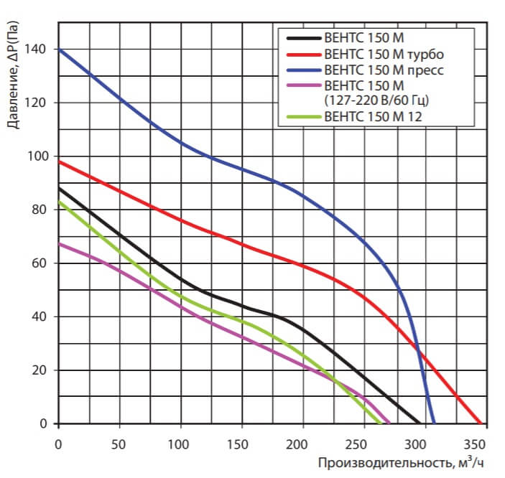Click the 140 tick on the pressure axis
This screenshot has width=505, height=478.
point(39,50)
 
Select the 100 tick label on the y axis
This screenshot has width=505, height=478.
point(39,156)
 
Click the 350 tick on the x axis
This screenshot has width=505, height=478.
point(481,443)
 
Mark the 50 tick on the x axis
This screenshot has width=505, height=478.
point(119,443)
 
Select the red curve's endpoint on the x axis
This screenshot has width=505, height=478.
point(481,423)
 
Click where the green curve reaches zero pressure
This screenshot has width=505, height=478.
point(381,423)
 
